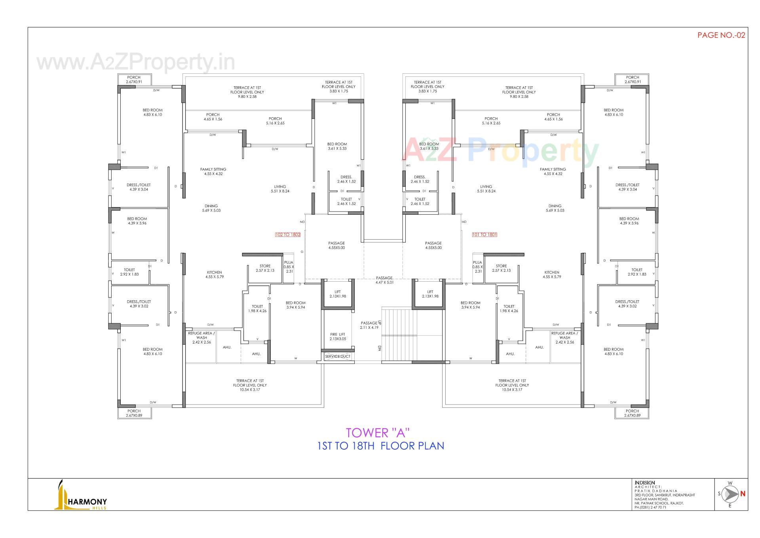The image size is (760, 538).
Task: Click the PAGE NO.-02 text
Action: [x=721, y=35]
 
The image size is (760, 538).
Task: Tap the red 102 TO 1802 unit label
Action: [x=288, y=235]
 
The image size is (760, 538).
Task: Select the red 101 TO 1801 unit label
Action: [x=484, y=235]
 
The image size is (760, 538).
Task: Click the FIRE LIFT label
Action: [x=338, y=336]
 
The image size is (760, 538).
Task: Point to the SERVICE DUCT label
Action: [x=338, y=357]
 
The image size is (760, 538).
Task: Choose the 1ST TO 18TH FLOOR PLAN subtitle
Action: [x=381, y=446]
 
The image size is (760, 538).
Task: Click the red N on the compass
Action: [x=743, y=494]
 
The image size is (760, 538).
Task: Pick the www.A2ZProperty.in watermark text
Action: [x=136, y=63]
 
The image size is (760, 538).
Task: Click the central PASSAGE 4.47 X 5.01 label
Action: [x=384, y=280]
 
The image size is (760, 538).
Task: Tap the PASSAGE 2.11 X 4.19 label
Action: [x=369, y=325]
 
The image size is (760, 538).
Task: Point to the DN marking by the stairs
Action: [x=379, y=348]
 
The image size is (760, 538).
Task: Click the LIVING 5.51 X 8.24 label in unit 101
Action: [x=486, y=189]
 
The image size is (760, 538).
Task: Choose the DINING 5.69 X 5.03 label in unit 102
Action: [x=211, y=208]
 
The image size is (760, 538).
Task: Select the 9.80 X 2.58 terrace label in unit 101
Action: [x=519, y=92]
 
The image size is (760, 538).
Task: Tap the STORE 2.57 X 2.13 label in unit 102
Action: [x=265, y=268]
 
